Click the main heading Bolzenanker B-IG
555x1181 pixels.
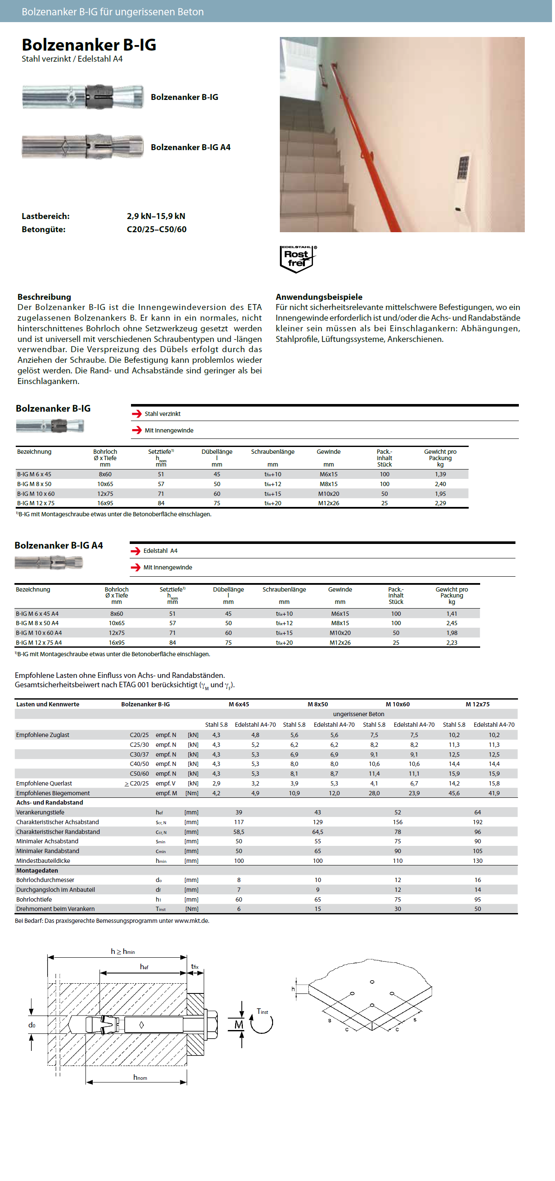[x=89, y=45]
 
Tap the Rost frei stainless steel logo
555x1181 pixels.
[x=297, y=259]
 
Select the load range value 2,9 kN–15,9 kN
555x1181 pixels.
[x=156, y=216]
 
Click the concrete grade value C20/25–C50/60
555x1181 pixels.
[x=156, y=229]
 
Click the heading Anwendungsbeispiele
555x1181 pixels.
[x=319, y=296]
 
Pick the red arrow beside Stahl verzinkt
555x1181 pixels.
[x=137, y=413]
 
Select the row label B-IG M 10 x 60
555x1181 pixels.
[x=36, y=494]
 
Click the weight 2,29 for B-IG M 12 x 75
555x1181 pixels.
[x=440, y=503]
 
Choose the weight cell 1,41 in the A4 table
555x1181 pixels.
[x=451, y=613]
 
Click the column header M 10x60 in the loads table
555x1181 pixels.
[x=397, y=704]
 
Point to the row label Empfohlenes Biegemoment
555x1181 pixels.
[x=53, y=793]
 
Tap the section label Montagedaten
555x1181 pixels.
[x=37, y=870]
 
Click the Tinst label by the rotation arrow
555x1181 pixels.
[x=262, y=1011]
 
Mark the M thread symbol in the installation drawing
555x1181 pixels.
[x=239, y=1024]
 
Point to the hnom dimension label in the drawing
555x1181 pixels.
[x=140, y=1077]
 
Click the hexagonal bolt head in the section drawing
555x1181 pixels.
[x=211, y=1024]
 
